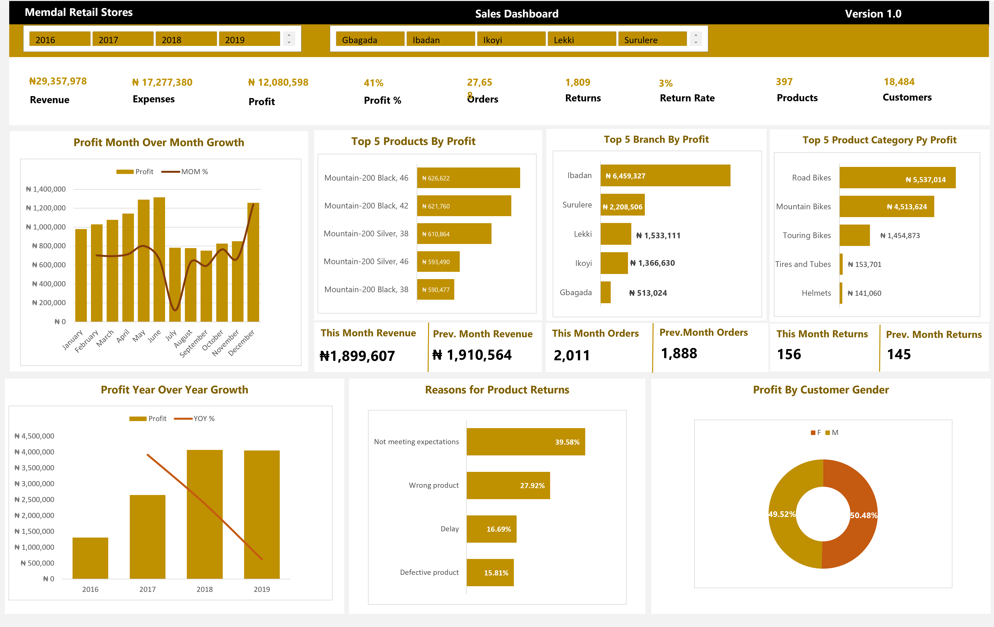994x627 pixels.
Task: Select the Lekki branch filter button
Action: (x=581, y=40)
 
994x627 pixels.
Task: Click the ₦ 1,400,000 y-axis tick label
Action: (x=46, y=189)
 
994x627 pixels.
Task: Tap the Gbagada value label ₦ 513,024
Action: (x=648, y=293)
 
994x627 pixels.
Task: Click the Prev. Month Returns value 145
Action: (x=899, y=354)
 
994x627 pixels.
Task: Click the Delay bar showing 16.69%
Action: (x=491, y=529)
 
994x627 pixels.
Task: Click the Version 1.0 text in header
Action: (x=873, y=14)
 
